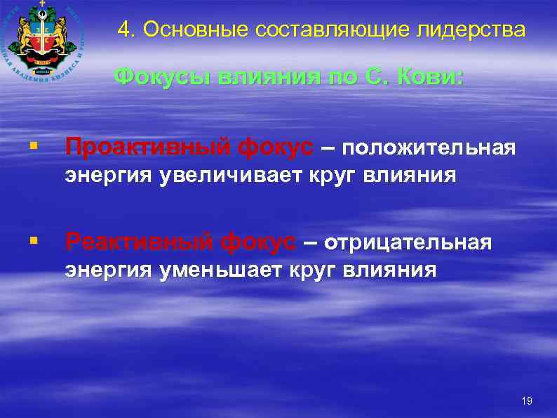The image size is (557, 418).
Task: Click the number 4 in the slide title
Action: pos(124,29)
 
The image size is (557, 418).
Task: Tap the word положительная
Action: pos(430,148)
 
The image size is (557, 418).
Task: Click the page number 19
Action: pos(527,401)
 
